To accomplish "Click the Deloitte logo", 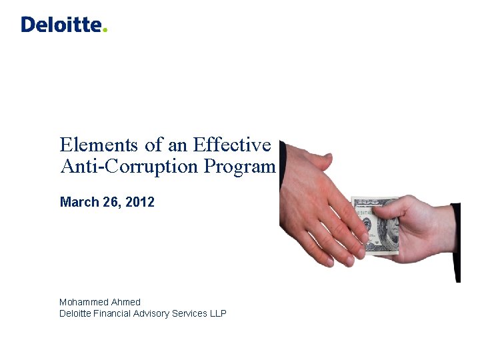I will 63,25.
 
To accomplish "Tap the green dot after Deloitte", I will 105,30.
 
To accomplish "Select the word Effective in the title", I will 232,145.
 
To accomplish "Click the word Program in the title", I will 240,167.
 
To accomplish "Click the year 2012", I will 141,202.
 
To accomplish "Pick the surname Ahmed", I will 126,302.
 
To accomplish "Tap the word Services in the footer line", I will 191,313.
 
